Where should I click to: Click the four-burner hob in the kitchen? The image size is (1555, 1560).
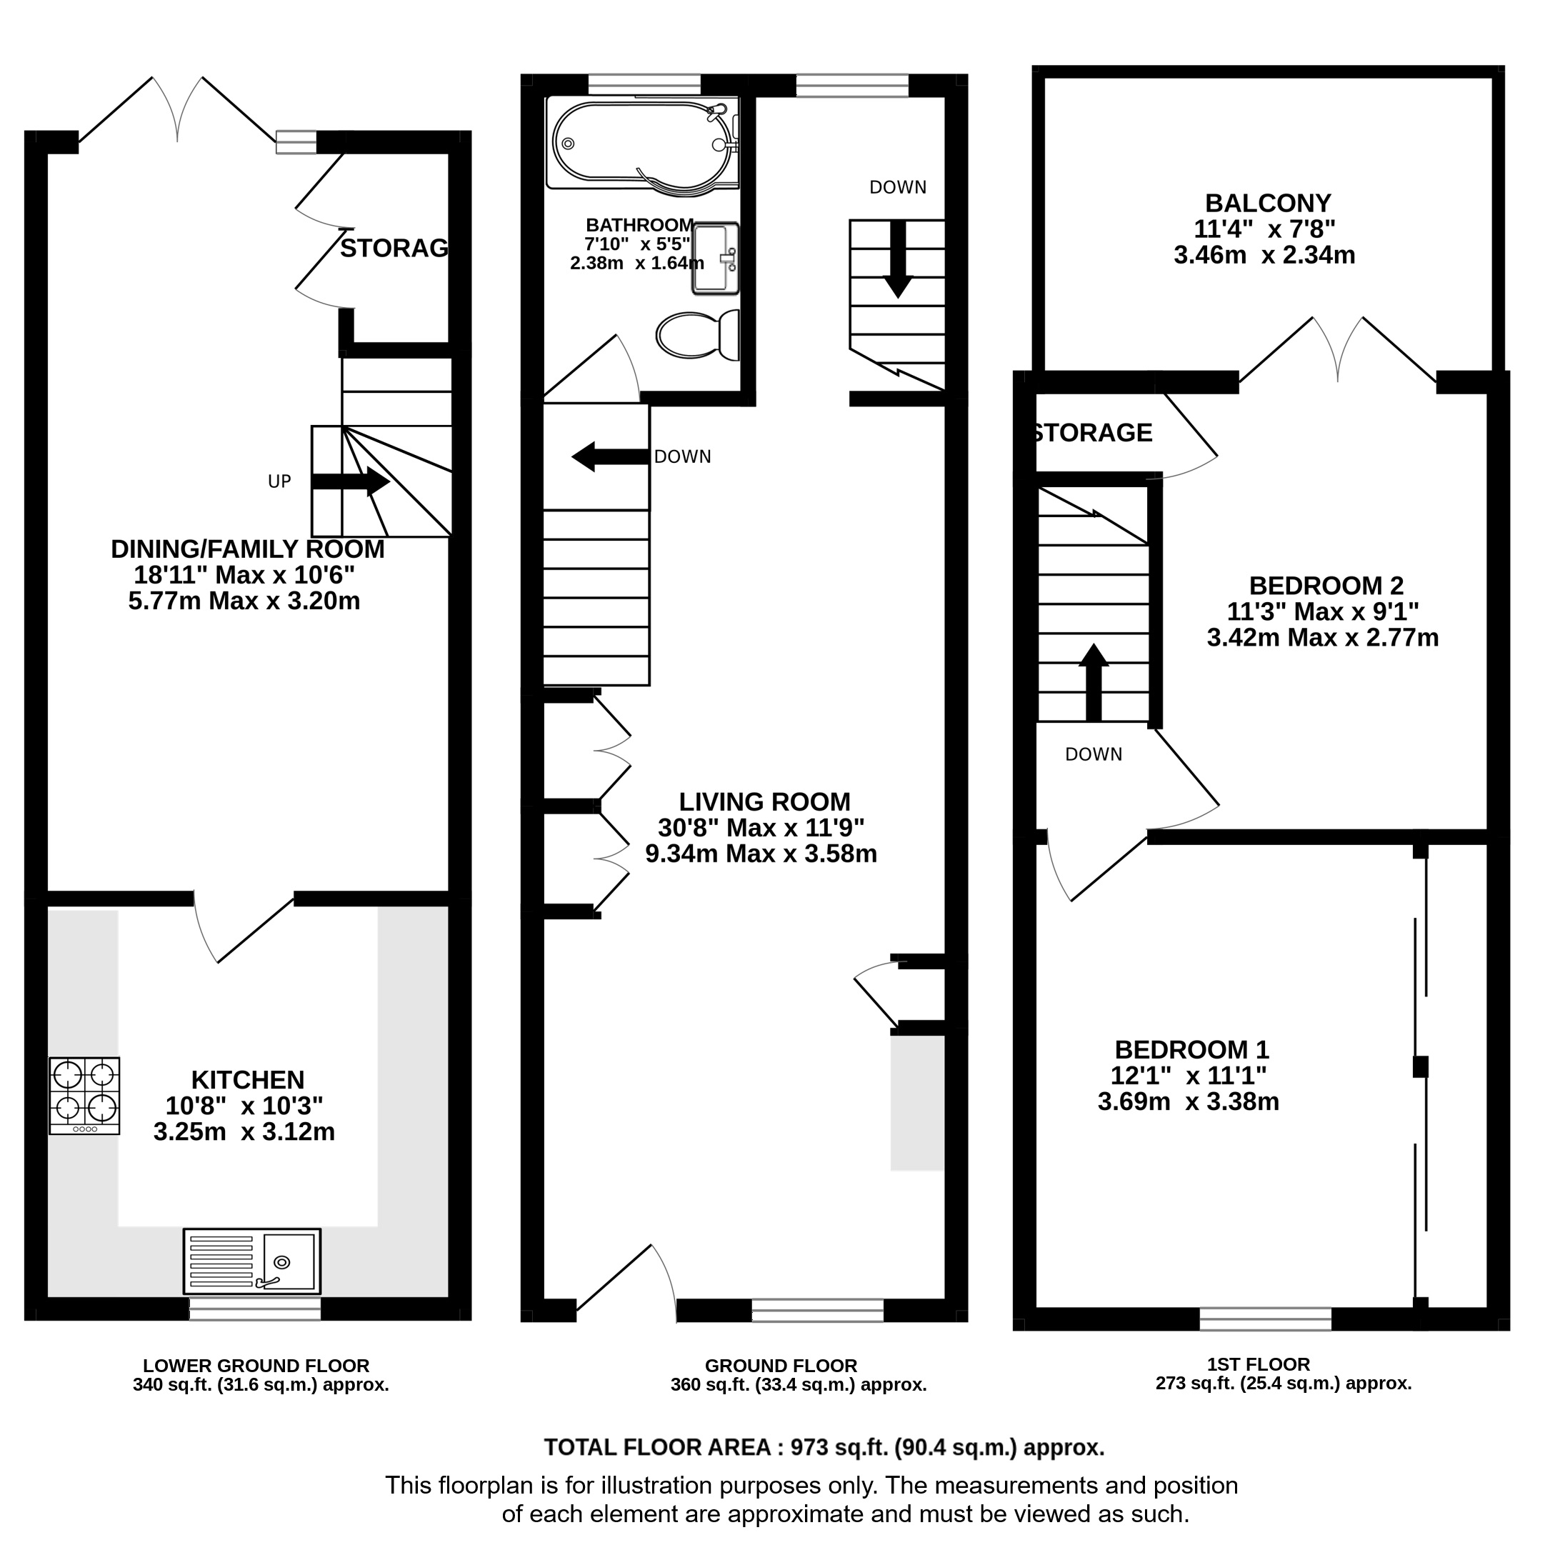pos(85,1096)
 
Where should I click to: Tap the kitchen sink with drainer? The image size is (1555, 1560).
pos(252,1261)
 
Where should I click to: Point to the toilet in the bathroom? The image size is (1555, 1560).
pos(699,334)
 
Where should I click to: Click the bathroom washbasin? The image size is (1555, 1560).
pos(715,259)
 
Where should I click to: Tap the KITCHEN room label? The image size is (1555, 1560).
pos(248,1079)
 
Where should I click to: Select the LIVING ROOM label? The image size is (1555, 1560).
pos(764,802)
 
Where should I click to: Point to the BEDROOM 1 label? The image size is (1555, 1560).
pos(1191,1050)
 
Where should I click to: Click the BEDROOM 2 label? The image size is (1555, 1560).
pos(1326,586)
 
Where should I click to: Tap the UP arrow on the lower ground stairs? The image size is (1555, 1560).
pos(351,482)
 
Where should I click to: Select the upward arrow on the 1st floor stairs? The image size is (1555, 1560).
pos(1094,682)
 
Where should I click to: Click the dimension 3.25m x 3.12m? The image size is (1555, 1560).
pos(244,1132)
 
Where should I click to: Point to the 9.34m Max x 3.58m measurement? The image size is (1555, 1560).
pos(761,854)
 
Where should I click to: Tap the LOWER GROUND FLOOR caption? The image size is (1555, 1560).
pos(256,1366)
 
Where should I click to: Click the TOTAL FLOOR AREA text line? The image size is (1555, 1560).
pos(824,1448)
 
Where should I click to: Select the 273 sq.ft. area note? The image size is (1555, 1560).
pos(1284,1383)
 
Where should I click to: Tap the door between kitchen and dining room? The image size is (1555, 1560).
pos(244,929)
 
